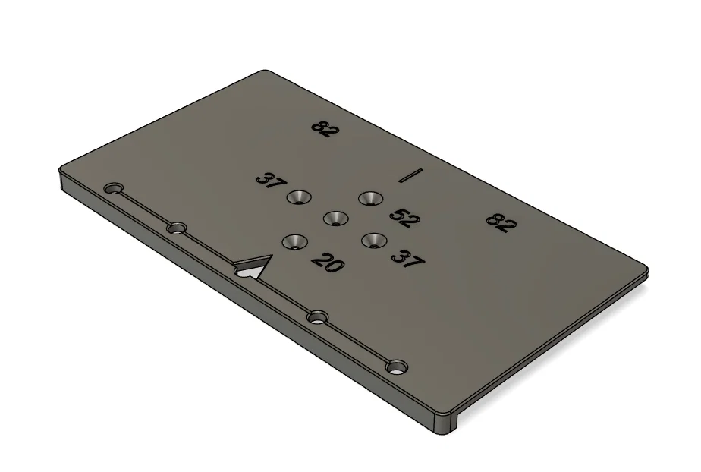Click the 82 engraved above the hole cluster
pos(325,129)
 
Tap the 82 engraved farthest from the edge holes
pos(501,222)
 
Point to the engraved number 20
pos(327,263)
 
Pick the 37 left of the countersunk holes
pos(269,181)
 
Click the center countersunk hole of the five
pos(335,219)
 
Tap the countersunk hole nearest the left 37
pos(298,198)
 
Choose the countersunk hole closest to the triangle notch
pos(294,242)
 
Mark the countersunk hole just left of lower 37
pos(373,241)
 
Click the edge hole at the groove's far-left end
pos(115,187)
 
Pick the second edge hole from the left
pos(177,227)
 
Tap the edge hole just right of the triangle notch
pos(318,316)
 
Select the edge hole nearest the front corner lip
pos(395,367)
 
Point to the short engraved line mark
pos(410,175)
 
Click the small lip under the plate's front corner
pos(443,424)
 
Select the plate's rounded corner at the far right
pos(646,269)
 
